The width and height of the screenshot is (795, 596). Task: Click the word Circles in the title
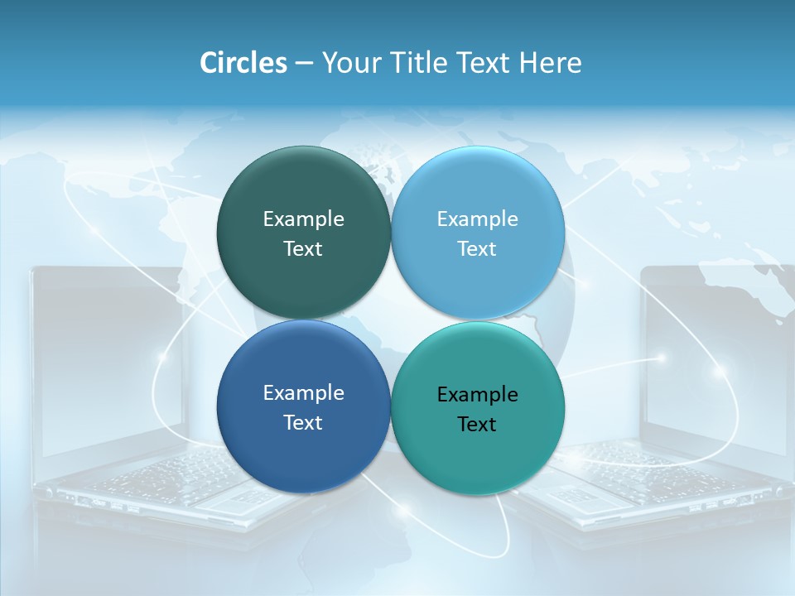[x=243, y=63]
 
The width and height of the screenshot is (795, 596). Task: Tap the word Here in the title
[x=550, y=63]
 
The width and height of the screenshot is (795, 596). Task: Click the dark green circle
[x=303, y=190]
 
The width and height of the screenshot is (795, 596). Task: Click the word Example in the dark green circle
[x=303, y=219]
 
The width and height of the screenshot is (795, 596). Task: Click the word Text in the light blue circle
[x=477, y=249]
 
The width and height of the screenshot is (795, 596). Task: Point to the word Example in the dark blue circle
[x=303, y=393]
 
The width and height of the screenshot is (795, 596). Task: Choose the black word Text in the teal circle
[x=477, y=425]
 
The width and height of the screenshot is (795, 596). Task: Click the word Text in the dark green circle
[x=303, y=249]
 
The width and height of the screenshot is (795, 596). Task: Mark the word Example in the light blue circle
[x=477, y=219]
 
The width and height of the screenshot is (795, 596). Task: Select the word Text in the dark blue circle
[x=303, y=423]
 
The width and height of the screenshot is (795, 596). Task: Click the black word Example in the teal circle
[x=477, y=395]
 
